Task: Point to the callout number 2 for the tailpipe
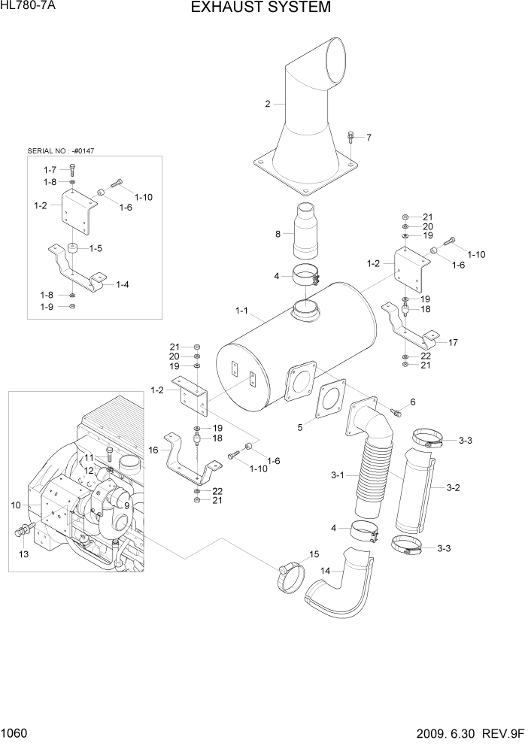click(x=267, y=105)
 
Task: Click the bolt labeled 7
click(x=351, y=138)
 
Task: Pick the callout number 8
click(x=278, y=235)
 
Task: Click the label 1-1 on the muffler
click(x=243, y=310)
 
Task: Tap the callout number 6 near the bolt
click(x=412, y=402)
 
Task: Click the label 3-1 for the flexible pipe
click(x=336, y=475)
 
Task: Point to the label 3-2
click(x=453, y=488)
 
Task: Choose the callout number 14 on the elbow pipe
click(x=325, y=572)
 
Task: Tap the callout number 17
click(x=453, y=343)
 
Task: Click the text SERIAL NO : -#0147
click(x=65, y=150)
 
